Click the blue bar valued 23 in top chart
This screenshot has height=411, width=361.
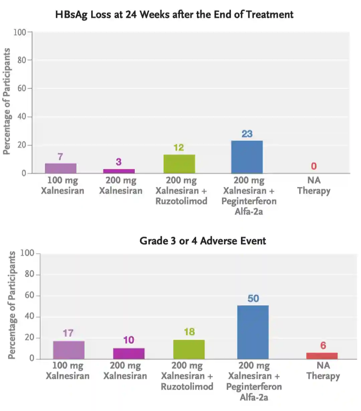pyautogui.click(x=247, y=157)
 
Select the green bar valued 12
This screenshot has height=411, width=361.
pyautogui.click(x=179, y=164)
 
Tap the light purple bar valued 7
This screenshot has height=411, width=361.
pyautogui.click(x=61, y=168)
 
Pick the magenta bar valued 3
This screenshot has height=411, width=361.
pyautogui.click(x=119, y=171)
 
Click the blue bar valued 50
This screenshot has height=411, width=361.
pyautogui.click(x=253, y=332)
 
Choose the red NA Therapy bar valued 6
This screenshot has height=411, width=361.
pyautogui.click(x=322, y=356)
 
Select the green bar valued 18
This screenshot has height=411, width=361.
pyautogui.click(x=189, y=349)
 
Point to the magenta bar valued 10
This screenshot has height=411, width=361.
pyautogui.click(x=129, y=354)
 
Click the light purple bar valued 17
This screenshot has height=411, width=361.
pyautogui.click(x=69, y=350)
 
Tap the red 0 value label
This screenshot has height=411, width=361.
pyautogui.click(x=314, y=166)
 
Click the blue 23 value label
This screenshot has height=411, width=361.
pyautogui.click(x=247, y=134)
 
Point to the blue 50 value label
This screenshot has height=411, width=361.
pyautogui.click(x=253, y=298)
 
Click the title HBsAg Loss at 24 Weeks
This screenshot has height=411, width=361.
pyautogui.click(x=174, y=15)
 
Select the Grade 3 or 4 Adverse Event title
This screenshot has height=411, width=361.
pyautogui.click(x=203, y=241)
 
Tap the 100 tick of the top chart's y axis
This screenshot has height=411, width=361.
pyautogui.click(x=19, y=32)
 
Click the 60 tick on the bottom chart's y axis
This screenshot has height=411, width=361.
pyautogui.click(x=29, y=295)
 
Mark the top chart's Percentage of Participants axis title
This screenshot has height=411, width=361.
pyautogui.click(x=7, y=101)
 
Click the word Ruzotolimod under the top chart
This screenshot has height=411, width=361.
pyautogui.click(x=181, y=201)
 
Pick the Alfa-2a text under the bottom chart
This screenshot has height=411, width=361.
pyautogui.click(x=254, y=397)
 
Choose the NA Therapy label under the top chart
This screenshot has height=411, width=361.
pyautogui.click(x=314, y=185)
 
